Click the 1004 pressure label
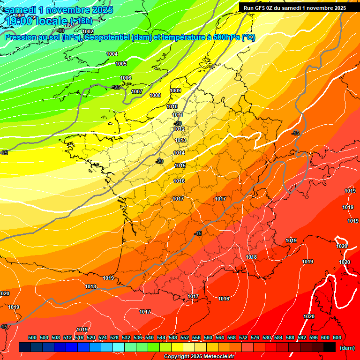[x=112, y=54]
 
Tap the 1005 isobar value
[x=121, y=64]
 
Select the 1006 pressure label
[x=126, y=78]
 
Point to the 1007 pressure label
[x=137, y=91]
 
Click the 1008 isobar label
[x=155, y=95]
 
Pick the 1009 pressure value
[x=175, y=90]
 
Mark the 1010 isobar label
[x=172, y=106]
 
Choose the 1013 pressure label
[x=180, y=140]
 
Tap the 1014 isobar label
[x=179, y=153]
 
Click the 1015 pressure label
[x=180, y=165]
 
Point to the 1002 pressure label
[x=88, y=31]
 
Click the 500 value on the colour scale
[x=32, y=337]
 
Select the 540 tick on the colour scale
[x=150, y=337]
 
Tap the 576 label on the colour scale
[x=255, y=337]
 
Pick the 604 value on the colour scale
[x=337, y=337]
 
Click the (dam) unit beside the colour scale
[x=347, y=348]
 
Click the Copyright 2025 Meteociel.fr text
[x=199, y=357]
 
